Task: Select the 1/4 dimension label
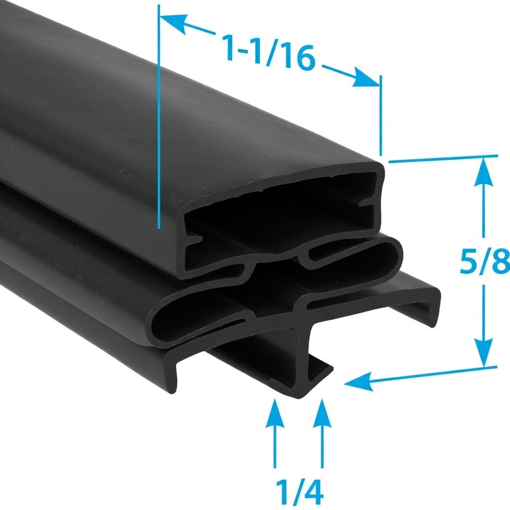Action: [x=299, y=492]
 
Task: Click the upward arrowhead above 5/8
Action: [x=483, y=171]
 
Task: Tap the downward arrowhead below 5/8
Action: [x=484, y=352]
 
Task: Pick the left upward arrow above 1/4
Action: [x=275, y=433]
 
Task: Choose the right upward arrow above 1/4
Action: [x=322, y=433]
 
